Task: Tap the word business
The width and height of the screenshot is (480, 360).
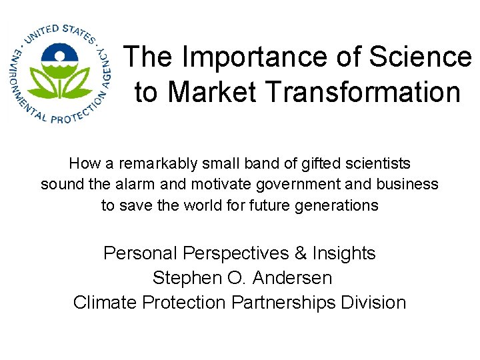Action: point(411,184)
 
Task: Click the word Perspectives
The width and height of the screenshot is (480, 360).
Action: point(235,253)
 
